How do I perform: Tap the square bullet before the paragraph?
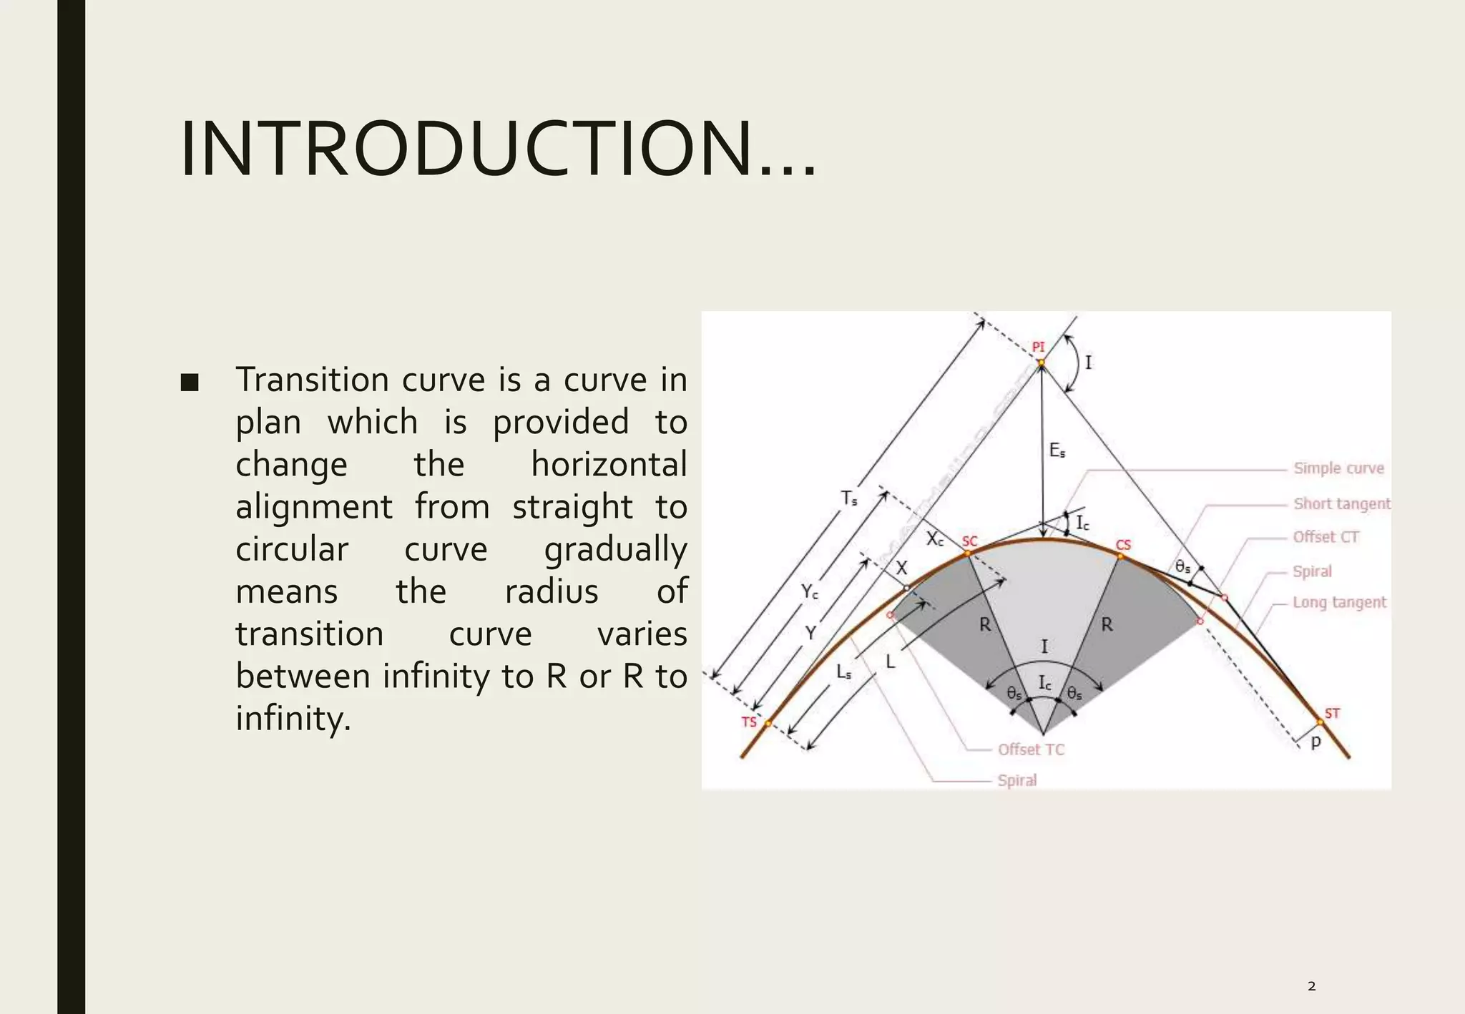pos(190,383)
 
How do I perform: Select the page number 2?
pos(1311,986)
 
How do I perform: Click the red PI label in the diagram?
pos(1038,348)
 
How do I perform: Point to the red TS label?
pos(748,722)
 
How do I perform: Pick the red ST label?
pos(1332,713)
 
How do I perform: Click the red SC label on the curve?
pos(969,541)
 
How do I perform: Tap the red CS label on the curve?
pos(1123,546)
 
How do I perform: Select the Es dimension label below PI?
pos(1057,451)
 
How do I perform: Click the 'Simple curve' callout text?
pos(1338,468)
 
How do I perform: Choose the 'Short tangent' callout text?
pos(1342,503)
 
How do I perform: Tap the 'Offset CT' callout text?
pos(1326,537)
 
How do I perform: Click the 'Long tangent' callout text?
pos(1339,602)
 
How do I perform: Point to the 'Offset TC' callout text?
pos(1031,749)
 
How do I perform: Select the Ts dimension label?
pos(849,498)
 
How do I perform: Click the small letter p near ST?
pos(1315,742)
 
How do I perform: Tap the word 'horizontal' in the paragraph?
pos(609,464)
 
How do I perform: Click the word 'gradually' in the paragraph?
pos(615,549)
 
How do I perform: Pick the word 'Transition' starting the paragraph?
pos(313,379)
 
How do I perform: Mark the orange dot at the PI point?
pos(1042,363)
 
